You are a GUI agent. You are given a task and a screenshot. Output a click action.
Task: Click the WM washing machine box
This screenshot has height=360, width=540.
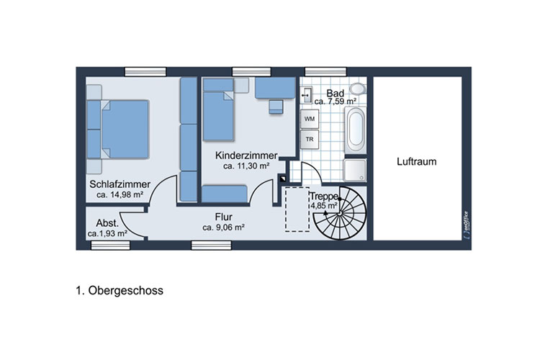pyautogui.click(x=310, y=119)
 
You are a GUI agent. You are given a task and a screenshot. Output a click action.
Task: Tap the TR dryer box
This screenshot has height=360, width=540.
pyautogui.click(x=310, y=139)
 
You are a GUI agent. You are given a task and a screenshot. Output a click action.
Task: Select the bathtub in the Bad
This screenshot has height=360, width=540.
pyautogui.click(x=356, y=130)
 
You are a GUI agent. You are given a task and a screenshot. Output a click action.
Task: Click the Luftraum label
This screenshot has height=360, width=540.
pyautogui.click(x=416, y=161)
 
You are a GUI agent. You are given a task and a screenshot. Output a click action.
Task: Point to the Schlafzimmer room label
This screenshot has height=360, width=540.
pyautogui.click(x=120, y=184)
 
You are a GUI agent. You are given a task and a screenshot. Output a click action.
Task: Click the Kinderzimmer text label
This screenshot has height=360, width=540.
pyautogui.click(x=246, y=156)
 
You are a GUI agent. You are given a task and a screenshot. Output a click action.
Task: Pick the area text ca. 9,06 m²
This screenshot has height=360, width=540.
pyautogui.click(x=223, y=228)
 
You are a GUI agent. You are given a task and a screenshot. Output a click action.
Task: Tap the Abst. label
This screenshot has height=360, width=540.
pyautogui.click(x=107, y=223)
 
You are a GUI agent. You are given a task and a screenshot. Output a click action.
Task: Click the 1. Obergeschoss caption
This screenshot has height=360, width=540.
pyautogui.click(x=120, y=290)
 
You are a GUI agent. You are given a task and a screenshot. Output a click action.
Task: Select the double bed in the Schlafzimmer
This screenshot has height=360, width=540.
pyautogui.click(x=118, y=129)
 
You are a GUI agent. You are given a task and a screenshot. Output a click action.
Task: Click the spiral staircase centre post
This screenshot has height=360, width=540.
pyautogui.click(x=340, y=214)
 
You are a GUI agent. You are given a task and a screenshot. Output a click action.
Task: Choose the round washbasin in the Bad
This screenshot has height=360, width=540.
pyautogui.click(x=358, y=89)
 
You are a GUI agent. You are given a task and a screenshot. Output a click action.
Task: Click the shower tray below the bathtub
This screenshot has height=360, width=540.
pyautogui.click(x=355, y=170)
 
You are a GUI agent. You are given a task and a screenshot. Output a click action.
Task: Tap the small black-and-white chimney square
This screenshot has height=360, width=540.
pyautogui.click(x=283, y=179)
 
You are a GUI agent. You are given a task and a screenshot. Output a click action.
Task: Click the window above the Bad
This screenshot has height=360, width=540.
pyautogui.click(x=325, y=72)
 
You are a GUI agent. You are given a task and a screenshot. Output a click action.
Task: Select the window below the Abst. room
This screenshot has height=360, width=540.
pyautogui.click(x=110, y=245)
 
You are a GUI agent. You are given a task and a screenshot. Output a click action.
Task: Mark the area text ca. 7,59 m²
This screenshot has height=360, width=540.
pyautogui.click(x=335, y=102)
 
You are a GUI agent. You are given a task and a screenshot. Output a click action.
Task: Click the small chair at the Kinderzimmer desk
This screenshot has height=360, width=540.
pyautogui.click(x=276, y=107)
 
